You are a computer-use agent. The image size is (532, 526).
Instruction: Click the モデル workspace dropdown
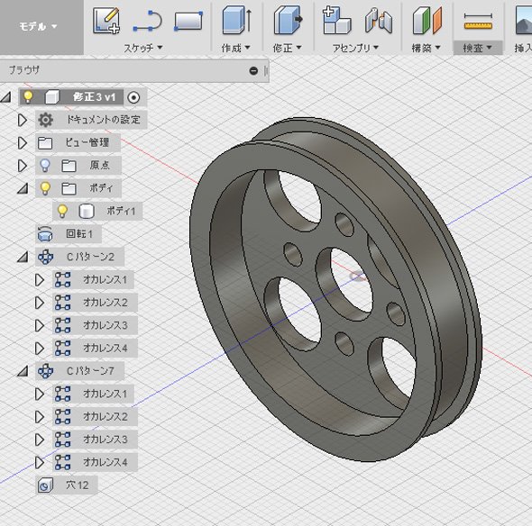39,26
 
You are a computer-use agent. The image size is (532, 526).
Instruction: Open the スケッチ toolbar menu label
142,48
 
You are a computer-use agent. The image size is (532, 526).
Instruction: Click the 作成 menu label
236,48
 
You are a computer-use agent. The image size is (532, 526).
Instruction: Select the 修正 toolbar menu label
287,48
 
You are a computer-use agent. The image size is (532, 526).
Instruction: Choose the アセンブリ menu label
355,48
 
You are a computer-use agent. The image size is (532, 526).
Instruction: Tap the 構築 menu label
426,48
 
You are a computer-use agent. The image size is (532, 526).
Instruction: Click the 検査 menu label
477,48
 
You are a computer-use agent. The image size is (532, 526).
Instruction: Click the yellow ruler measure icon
479,22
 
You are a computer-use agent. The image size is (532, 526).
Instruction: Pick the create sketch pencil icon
106,21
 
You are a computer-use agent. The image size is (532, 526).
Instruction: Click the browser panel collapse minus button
253,71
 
